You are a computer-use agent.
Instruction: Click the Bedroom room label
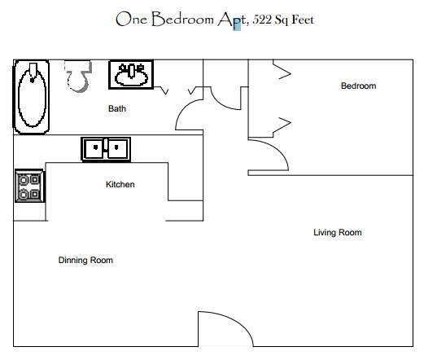pyautogui.click(x=358, y=86)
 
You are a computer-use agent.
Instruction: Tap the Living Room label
pyautogui.click(x=338, y=232)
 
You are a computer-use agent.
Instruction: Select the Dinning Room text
pyautogui.click(x=85, y=260)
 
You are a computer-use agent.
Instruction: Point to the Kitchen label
pyautogui.click(x=120, y=184)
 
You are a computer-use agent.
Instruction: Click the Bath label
pyautogui.click(x=117, y=108)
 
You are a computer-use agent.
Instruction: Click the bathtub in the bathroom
pyautogui.click(x=32, y=97)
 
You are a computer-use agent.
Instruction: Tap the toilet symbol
pyautogui.click(x=78, y=77)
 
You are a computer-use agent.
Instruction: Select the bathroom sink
pyautogui.click(x=131, y=74)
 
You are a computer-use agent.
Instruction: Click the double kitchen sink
pyautogui.click(x=106, y=149)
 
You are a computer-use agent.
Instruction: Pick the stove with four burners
pyautogui.click(x=29, y=186)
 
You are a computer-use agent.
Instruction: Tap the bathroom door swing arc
pyautogui.click(x=182, y=108)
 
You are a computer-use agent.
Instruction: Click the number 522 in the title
pyautogui.click(x=262, y=20)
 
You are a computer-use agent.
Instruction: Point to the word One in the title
pyautogui.click(x=132, y=19)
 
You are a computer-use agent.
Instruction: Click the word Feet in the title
pyautogui.click(x=303, y=20)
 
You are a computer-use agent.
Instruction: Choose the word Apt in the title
pyautogui.click(x=231, y=20)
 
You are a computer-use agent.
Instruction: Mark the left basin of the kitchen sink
pyautogui.click(x=94, y=149)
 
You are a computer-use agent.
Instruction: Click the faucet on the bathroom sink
pyautogui.click(x=131, y=70)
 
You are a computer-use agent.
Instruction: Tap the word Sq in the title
pyautogui.click(x=281, y=20)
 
